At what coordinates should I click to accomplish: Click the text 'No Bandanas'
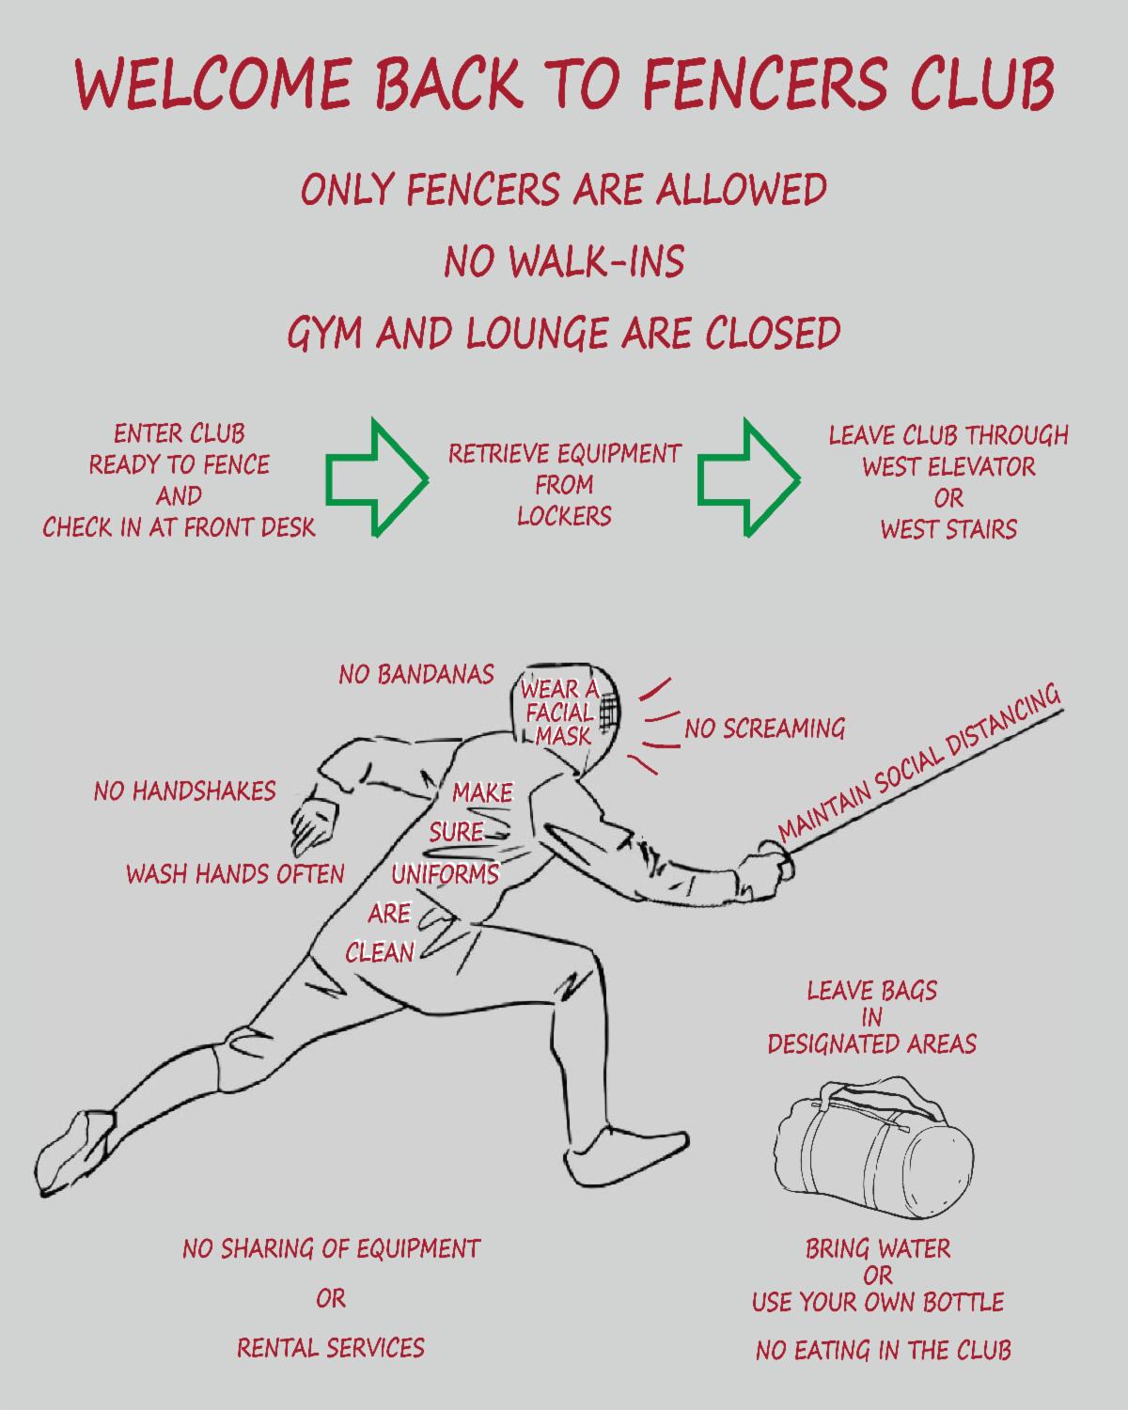(x=415, y=674)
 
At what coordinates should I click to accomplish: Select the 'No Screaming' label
(x=764, y=728)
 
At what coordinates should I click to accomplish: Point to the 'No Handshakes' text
(x=184, y=791)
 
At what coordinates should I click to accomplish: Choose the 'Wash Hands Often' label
(x=235, y=874)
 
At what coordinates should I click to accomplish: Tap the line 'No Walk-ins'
(x=564, y=261)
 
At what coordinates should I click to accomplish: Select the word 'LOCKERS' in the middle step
(x=564, y=516)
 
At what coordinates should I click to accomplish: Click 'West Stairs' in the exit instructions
(x=948, y=529)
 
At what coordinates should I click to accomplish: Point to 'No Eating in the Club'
(x=883, y=1351)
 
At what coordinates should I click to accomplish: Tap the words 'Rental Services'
(x=330, y=1348)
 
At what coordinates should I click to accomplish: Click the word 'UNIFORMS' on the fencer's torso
(x=445, y=874)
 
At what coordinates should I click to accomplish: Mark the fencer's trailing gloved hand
(x=310, y=822)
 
